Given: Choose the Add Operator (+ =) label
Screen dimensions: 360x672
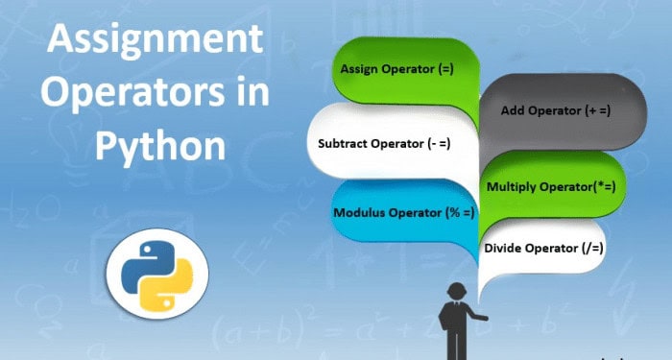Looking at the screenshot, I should [x=556, y=110].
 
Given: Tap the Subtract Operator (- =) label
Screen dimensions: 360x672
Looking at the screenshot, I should [x=384, y=145].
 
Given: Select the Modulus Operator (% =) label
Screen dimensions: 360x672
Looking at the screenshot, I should [x=403, y=212].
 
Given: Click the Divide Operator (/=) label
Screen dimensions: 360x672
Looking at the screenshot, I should [x=543, y=248].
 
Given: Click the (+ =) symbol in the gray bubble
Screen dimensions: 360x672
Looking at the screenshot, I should [x=597, y=110].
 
